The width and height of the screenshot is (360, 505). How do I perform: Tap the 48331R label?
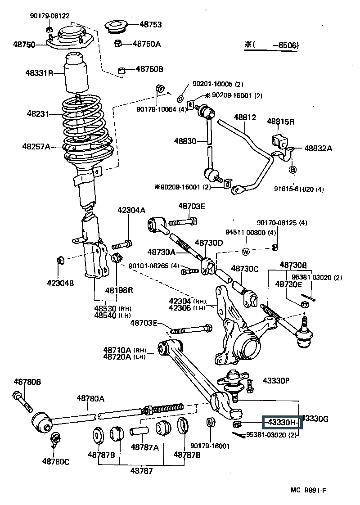pos(40,73)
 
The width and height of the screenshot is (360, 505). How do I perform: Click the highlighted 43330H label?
pos(282,422)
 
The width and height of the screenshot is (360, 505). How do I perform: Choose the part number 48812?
pos(245,117)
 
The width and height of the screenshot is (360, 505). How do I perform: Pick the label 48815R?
pos(281,122)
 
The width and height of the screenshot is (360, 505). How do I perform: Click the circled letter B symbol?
pos(292,170)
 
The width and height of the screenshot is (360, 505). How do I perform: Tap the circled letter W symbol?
pos(246,252)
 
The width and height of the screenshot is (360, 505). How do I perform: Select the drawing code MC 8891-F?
pos(322,491)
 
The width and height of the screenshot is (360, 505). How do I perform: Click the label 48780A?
pos(90,398)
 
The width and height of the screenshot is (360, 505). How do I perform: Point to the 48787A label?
pos(144,447)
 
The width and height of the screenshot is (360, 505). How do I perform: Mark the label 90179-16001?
pos(210,446)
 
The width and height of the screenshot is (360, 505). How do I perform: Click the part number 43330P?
pos(276,381)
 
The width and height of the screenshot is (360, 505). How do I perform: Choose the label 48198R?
pos(120,289)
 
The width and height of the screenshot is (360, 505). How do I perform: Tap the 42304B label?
pos(60,283)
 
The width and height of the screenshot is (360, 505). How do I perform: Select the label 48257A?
pos(36,146)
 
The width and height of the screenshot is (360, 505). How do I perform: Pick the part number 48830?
pos(185,141)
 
